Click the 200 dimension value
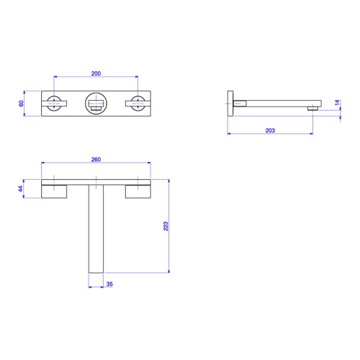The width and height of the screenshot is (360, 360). [x=96, y=73]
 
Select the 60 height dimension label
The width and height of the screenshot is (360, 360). [x=21, y=104]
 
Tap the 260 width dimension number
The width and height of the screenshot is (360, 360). [x=96, y=159]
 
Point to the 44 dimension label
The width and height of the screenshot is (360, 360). [x=21, y=189]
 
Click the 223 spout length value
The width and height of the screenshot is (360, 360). [x=166, y=226]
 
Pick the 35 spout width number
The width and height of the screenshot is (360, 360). [x=109, y=284]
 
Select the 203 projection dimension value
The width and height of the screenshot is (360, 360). [x=270, y=130]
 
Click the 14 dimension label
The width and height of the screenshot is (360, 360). [x=337, y=103]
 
